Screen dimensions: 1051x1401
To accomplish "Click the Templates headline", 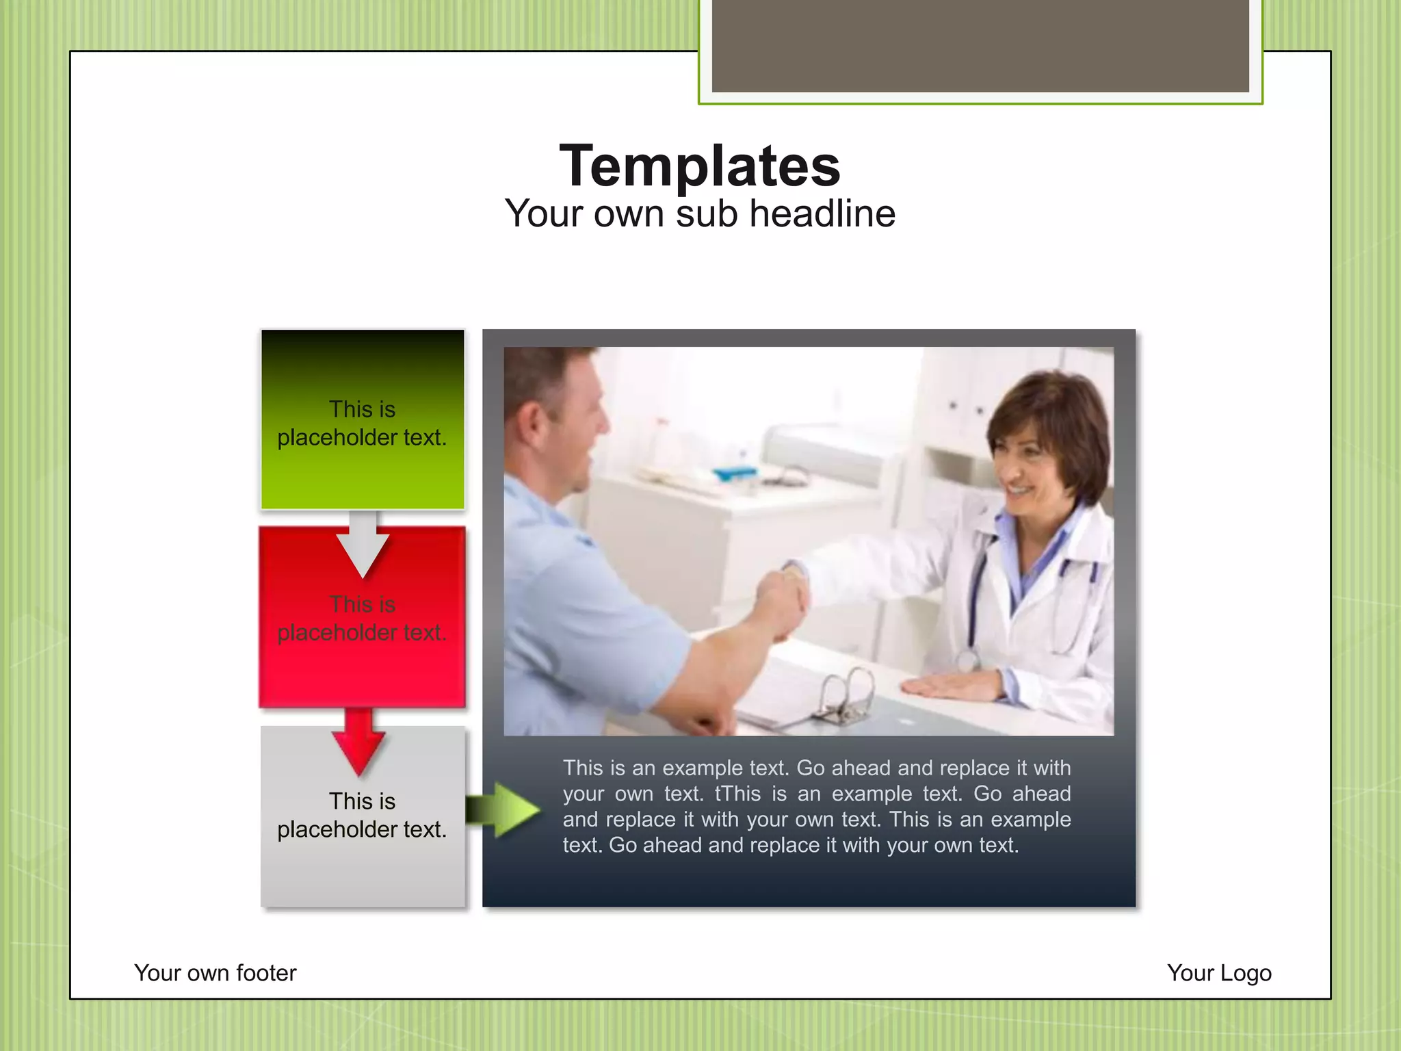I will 700,166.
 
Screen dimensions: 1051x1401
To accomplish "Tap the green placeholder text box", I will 363,420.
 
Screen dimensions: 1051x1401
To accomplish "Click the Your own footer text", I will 215,972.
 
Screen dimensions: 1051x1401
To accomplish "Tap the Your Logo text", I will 1219,972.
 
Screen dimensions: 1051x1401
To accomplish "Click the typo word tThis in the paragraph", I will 737,794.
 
